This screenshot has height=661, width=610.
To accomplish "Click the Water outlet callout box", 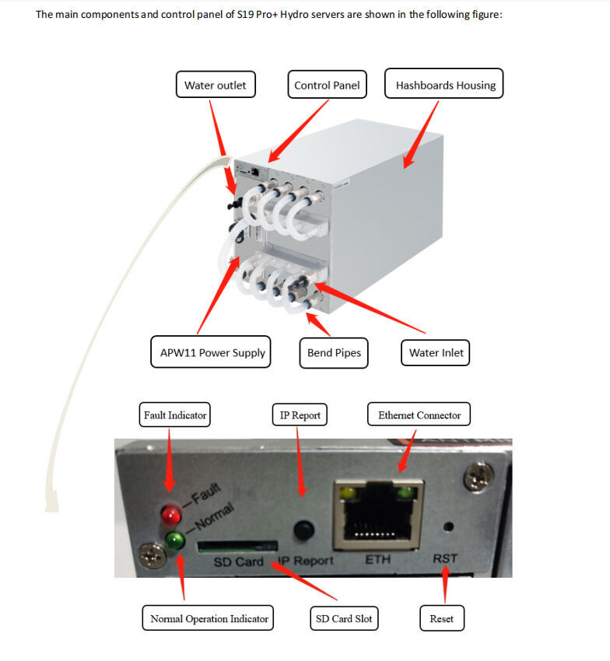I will (x=215, y=85).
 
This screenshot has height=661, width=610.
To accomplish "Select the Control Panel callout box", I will (x=327, y=85).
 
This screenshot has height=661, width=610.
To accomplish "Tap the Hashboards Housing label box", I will (x=445, y=85).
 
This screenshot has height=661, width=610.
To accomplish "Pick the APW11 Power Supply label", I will (x=212, y=352).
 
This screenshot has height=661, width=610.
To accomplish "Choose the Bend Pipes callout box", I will (x=334, y=352).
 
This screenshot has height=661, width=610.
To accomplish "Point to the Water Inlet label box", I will (x=436, y=352).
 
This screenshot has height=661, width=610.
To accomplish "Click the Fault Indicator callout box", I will (x=175, y=415).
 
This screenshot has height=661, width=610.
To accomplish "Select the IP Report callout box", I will (x=300, y=415).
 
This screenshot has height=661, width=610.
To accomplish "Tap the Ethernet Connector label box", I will (x=419, y=415).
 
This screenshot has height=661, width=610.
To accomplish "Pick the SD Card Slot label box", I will (x=343, y=619).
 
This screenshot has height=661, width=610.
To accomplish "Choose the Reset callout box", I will (x=441, y=619).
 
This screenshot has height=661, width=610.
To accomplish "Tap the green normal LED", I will (x=174, y=540).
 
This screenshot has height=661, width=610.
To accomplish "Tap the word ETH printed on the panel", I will (x=379, y=560).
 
